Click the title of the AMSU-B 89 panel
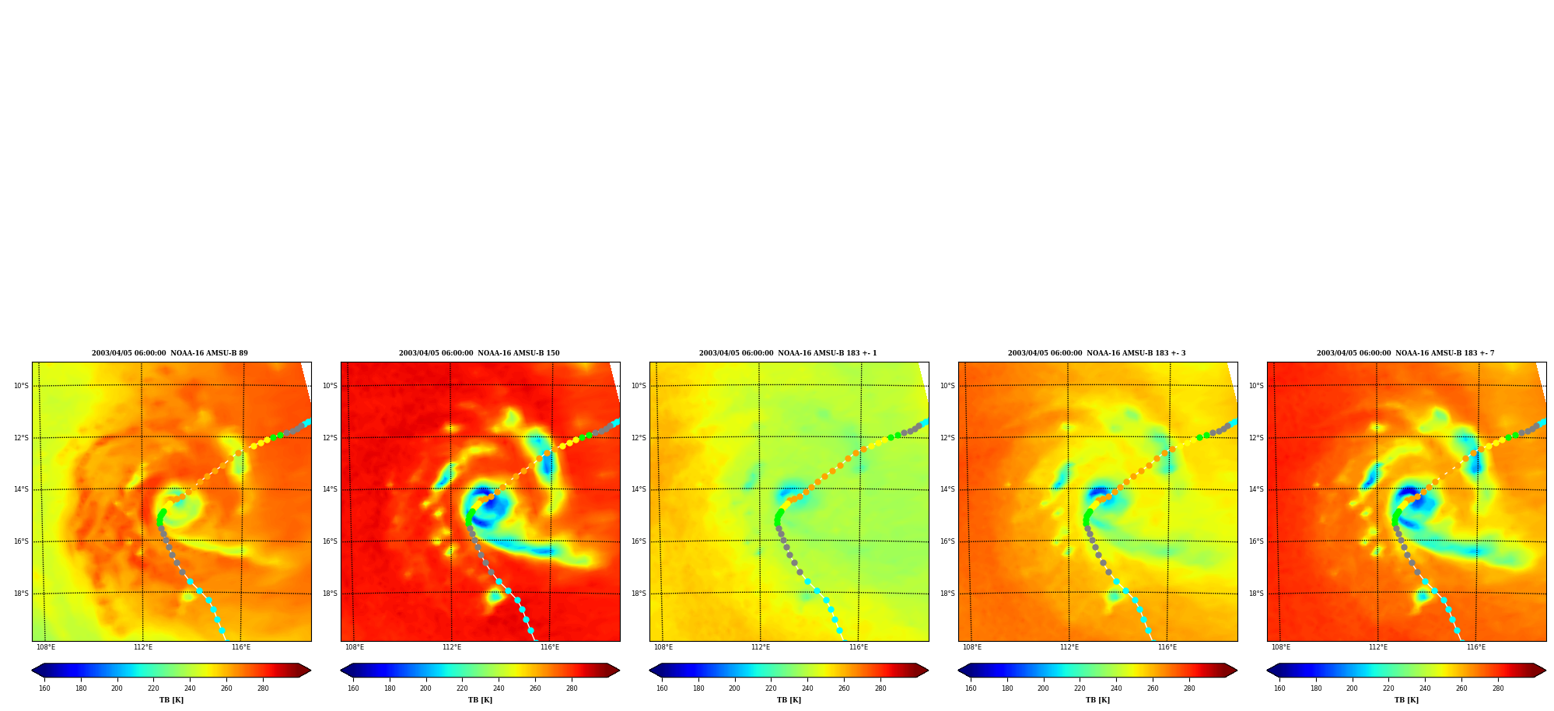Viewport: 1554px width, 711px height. click(x=170, y=353)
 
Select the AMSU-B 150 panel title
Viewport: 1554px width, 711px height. click(x=479, y=353)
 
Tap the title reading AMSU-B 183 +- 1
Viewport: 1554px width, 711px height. click(x=788, y=353)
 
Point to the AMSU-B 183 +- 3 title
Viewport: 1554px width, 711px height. click(x=1097, y=353)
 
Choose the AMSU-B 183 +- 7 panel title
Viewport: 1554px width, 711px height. click(x=1405, y=353)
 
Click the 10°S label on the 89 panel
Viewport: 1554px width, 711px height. click(x=21, y=386)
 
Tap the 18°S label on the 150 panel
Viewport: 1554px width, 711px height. click(x=330, y=594)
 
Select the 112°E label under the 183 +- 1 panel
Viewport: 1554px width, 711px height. click(x=761, y=647)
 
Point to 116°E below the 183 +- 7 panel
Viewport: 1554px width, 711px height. click(x=1476, y=647)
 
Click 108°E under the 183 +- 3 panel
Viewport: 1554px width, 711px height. click(x=972, y=647)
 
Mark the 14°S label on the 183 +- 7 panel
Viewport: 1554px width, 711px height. click(x=1256, y=489)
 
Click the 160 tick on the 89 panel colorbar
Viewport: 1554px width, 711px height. click(x=44, y=688)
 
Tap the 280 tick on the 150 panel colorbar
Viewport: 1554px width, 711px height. click(x=572, y=688)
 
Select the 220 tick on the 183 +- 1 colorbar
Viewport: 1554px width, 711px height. click(x=771, y=688)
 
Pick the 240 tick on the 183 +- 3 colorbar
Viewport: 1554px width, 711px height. click(x=1116, y=688)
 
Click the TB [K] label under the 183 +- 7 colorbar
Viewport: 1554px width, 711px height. click(x=1406, y=700)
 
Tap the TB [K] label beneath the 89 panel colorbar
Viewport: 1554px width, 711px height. click(x=171, y=700)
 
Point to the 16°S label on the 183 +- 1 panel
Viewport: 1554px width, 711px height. click(x=639, y=541)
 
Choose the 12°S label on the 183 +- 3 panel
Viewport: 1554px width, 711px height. click(x=947, y=438)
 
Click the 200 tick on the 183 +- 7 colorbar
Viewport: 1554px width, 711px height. click(x=1352, y=688)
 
